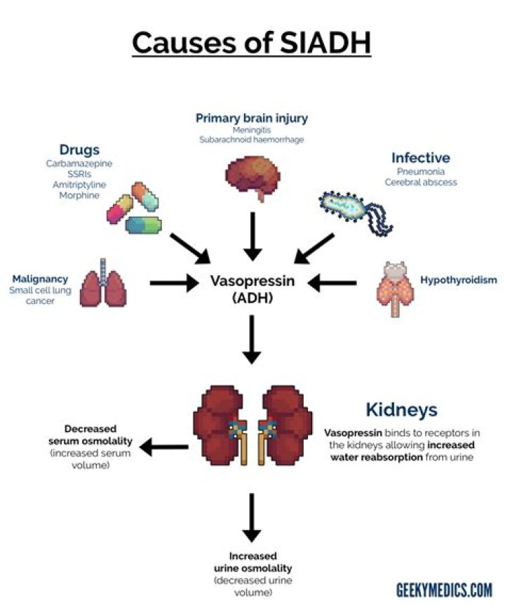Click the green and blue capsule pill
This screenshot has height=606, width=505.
coord(144,225)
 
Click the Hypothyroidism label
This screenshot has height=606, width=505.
coord(459,280)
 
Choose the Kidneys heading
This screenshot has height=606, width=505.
coord(400,409)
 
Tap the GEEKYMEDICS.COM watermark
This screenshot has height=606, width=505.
coord(444,588)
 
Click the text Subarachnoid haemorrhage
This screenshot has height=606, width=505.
coord(252,139)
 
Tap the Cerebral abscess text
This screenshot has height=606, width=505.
coord(420,182)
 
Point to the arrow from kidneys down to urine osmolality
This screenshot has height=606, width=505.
coord(252,516)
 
